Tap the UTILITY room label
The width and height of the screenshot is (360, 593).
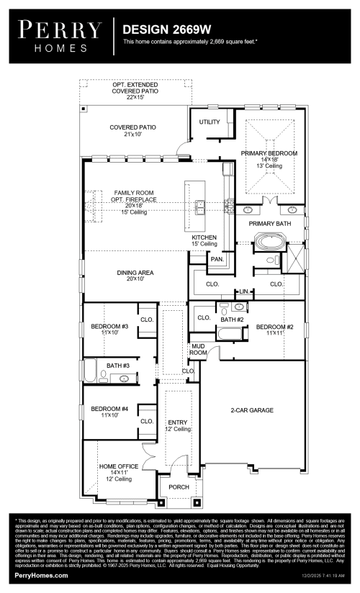click(210, 122)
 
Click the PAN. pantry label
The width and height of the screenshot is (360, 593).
click(216, 259)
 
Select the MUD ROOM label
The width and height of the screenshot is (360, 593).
click(198, 350)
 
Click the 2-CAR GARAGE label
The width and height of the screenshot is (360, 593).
click(251, 410)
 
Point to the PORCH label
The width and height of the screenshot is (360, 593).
click(178, 486)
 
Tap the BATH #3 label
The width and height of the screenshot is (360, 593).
click(117, 366)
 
